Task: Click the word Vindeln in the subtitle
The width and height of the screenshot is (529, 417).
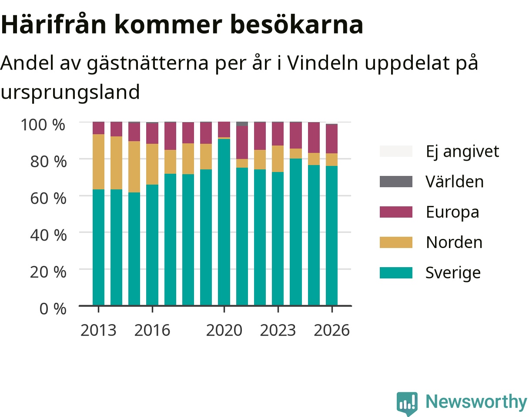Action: (323, 63)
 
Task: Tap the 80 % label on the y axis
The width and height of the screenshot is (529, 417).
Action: (48, 162)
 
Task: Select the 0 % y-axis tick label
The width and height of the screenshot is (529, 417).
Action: (53, 308)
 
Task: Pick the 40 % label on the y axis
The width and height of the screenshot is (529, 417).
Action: (48, 235)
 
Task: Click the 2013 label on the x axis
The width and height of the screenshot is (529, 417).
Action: (98, 330)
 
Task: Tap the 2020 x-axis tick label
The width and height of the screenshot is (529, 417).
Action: (224, 330)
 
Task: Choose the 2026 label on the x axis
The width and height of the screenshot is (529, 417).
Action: (332, 330)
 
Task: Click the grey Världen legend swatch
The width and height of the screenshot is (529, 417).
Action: (396, 182)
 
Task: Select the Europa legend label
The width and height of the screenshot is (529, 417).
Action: (452, 212)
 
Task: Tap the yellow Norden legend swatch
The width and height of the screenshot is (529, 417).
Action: (396, 242)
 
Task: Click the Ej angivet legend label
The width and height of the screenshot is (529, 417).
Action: (462, 152)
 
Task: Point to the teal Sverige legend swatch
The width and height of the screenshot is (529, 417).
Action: (396, 273)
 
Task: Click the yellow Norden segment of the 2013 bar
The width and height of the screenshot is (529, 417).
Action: (99, 162)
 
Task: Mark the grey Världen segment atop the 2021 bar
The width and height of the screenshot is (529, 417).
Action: (242, 124)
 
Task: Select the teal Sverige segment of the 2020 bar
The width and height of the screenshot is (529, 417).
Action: (224, 222)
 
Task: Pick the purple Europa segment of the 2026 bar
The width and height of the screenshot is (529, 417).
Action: (332, 139)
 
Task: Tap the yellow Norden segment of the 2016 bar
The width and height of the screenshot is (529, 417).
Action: (152, 164)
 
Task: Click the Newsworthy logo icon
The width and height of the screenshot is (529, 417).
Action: (407, 403)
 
